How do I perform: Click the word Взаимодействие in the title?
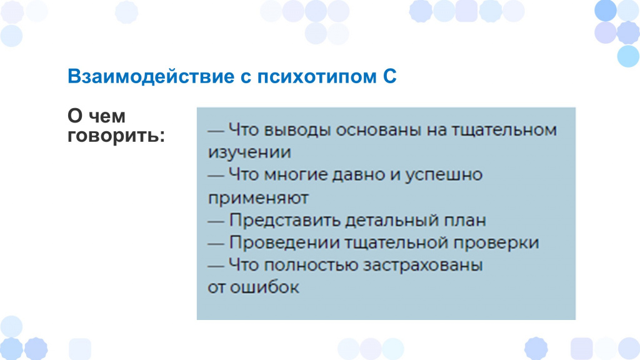tap(151, 76)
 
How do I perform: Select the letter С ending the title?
tap(390, 76)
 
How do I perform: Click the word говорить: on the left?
tap(116, 136)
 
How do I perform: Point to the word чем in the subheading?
tap(107, 116)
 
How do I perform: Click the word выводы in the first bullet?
tap(297, 131)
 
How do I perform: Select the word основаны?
tap(378, 130)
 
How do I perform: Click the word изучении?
tap(249, 153)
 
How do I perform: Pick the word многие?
tap(295, 175)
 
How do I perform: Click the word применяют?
tap(258, 198)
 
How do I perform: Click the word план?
tap(463, 221)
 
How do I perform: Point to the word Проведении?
tap(284, 243)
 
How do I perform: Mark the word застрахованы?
tap(423, 266)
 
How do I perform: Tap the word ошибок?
tap(264, 287)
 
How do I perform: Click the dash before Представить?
tap(216, 222)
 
